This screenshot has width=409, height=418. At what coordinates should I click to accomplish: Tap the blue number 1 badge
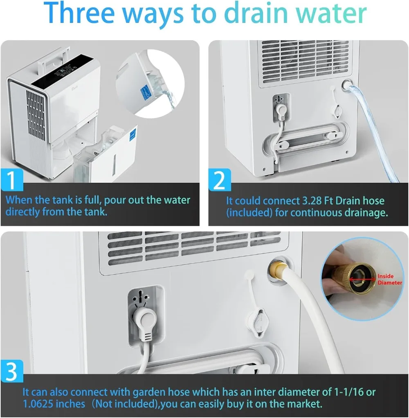tap(12, 181)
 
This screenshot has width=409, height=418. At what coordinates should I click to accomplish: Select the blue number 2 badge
tap(220, 180)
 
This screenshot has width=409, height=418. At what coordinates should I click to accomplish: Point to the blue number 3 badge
tap(12, 372)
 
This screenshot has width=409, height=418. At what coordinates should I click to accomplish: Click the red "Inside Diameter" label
tap(389, 279)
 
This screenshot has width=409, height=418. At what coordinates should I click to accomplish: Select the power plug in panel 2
tap(280, 111)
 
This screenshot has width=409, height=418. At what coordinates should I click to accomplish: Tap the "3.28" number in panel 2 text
tap(312, 201)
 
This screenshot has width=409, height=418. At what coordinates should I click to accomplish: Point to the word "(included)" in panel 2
tap(249, 213)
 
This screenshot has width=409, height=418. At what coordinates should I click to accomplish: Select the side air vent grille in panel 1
tap(36, 112)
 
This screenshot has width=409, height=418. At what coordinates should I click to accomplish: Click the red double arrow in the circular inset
tap(363, 279)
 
